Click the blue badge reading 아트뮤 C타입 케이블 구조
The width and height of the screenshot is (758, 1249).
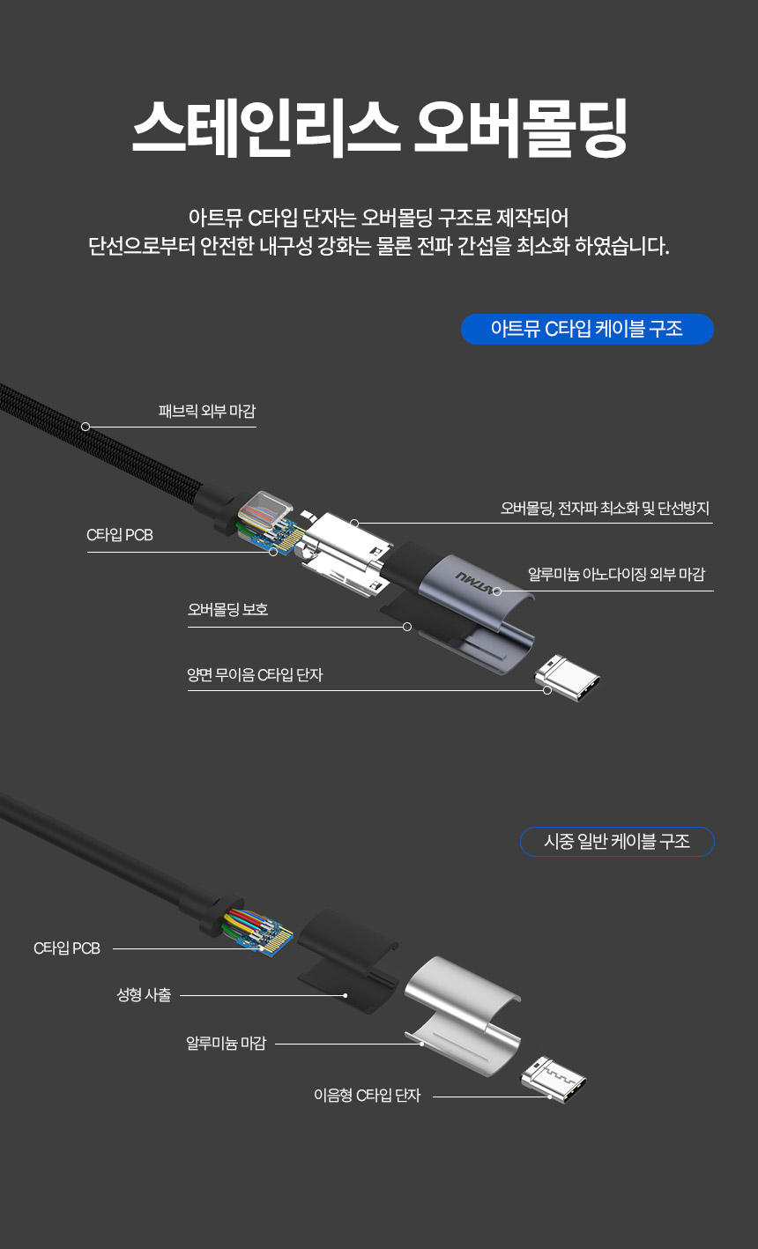tap(587, 329)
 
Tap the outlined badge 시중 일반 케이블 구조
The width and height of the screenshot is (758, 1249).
tap(617, 842)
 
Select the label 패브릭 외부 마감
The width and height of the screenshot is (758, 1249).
tap(207, 412)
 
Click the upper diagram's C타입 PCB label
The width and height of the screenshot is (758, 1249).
tap(120, 535)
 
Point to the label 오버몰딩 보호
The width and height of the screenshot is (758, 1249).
tap(227, 609)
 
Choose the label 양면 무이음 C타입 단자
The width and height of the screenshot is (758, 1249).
tap(255, 675)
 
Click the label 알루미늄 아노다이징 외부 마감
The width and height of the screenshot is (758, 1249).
tap(616, 575)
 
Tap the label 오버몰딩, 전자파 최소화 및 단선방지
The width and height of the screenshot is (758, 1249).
tap(605, 509)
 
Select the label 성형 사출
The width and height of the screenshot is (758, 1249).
tap(144, 995)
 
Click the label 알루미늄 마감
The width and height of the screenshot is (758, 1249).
tap(226, 1044)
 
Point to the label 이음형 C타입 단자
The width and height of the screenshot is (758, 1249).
tap(367, 1096)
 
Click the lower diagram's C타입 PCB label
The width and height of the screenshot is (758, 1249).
tap(67, 948)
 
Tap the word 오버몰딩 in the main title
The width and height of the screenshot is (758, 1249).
tap(520, 128)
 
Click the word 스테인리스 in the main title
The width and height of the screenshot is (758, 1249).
tap(265, 128)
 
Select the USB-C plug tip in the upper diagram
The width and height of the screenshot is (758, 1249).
tap(568, 678)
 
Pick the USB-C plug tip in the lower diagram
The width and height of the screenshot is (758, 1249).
tap(554, 1080)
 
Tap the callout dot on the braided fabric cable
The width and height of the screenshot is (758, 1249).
tap(85, 427)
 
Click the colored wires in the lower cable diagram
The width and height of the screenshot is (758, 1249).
tap(245, 923)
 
